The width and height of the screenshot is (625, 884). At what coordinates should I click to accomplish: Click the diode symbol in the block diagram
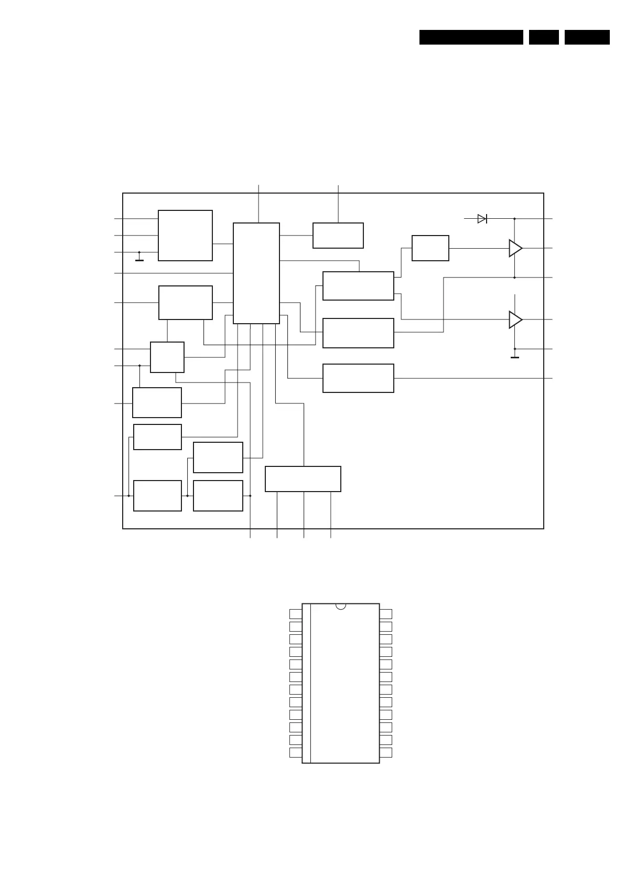pyautogui.click(x=482, y=219)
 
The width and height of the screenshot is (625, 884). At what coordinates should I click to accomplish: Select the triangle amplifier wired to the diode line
pyautogui.click(x=515, y=248)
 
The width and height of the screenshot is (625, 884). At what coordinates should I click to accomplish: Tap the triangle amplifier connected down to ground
pyautogui.click(x=515, y=319)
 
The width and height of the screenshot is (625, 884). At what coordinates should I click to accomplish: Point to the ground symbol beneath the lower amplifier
pyautogui.click(x=515, y=357)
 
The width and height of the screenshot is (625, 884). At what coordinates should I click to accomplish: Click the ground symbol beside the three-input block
pyautogui.click(x=139, y=259)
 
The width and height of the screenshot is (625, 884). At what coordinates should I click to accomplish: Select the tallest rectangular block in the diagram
pyautogui.click(x=256, y=273)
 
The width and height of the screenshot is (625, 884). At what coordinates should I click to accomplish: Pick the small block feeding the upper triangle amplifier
pyautogui.click(x=430, y=248)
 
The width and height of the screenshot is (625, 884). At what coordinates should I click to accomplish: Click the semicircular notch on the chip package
pyautogui.click(x=341, y=606)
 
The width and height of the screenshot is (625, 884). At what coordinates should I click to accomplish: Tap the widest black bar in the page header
pyautogui.click(x=471, y=37)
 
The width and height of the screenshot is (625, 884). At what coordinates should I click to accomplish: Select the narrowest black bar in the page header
pyautogui.click(x=543, y=37)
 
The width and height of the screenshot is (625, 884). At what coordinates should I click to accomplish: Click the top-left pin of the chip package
pyautogui.click(x=296, y=614)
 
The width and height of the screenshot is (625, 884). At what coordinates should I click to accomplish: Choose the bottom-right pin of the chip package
pyautogui.click(x=386, y=752)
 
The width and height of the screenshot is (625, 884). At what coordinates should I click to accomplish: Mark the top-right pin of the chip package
pyautogui.click(x=386, y=614)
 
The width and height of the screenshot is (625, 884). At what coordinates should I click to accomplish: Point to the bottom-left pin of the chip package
pyautogui.click(x=296, y=752)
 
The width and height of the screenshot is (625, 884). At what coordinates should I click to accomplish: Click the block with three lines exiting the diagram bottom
pyautogui.click(x=303, y=479)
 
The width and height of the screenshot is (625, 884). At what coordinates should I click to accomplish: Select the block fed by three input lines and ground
pyautogui.click(x=185, y=236)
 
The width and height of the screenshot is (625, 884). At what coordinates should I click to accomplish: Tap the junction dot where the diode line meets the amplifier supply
pyautogui.click(x=514, y=219)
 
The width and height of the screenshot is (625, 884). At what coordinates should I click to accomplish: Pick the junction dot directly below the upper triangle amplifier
pyautogui.click(x=514, y=278)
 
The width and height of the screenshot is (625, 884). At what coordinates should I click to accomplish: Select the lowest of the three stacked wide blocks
pyautogui.click(x=358, y=378)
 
